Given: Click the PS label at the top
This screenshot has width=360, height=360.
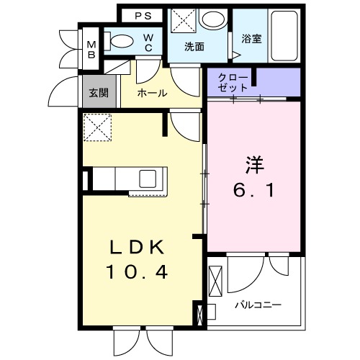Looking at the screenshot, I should [x=143, y=15].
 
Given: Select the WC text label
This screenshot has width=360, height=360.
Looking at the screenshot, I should [x=147, y=42].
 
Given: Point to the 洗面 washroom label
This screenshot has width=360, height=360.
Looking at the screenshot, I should [x=194, y=47].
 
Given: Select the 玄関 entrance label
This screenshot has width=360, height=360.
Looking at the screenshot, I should [x=98, y=93].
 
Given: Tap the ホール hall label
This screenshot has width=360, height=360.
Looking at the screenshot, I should [x=152, y=93].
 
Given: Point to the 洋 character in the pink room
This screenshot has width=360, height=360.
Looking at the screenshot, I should [x=253, y=165].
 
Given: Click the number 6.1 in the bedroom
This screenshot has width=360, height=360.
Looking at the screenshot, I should [x=253, y=192].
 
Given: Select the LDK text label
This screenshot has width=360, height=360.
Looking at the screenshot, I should [x=138, y=247].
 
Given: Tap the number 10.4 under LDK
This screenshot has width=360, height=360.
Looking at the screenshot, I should [x=138, y=272].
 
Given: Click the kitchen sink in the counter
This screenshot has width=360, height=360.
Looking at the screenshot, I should [x=151, y=178].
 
